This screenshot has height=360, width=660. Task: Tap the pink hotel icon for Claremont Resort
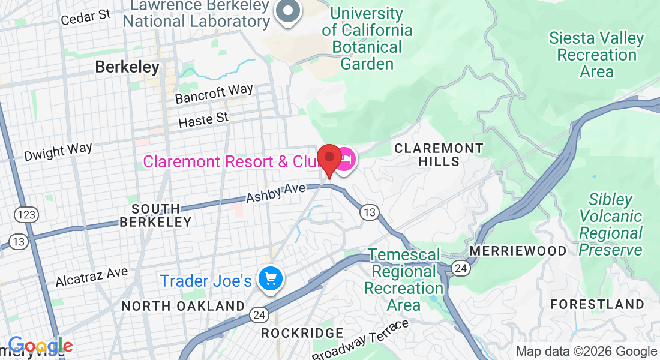(345, 160)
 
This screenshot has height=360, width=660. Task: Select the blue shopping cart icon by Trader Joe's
(270, 278)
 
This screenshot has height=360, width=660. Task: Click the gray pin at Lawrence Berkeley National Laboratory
(289, 11)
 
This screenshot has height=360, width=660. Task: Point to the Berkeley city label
(127, 67)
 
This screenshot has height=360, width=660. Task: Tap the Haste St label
(204, 119)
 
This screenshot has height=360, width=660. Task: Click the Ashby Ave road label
(277, 193)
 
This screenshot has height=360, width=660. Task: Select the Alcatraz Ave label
(92, 277)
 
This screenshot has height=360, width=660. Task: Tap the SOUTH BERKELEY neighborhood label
(155, 215)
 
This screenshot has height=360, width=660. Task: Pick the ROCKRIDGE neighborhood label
(302, 333)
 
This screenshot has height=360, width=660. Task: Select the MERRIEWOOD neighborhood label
(518, 250)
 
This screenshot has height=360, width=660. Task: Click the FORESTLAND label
(597, 304)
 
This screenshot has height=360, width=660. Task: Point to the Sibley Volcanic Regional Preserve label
(611, 224)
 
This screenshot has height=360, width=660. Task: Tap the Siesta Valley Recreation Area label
(596, 55)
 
